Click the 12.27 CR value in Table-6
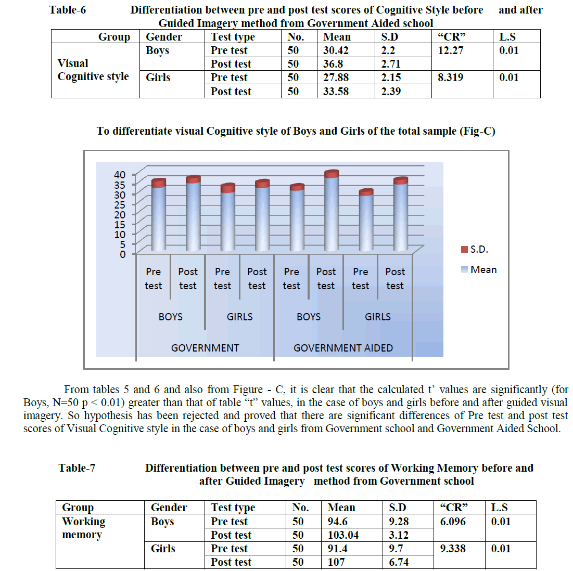pyautogui.click(x=450, y=50)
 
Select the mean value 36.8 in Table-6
pyautogui.click(x=333, y=64)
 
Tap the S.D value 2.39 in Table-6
pyautogui.click(x=391, y=92)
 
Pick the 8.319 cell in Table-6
pyautogui.click(x=450, y=77)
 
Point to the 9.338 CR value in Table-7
pyautogui.click(x=453, y=549)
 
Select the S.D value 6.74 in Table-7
pyautogui.click(x=399, y=562)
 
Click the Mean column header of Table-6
pyautogui.click(x=337, y=37)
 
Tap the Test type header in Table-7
pyautogui.click(x=233, y=508)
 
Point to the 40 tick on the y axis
pyautogui.click(x=120, y=175)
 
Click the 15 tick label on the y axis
pyautogui.click(x=120, y=224)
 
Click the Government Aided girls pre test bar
pyautogui.click(x=366, y=221)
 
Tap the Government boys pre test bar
pyautogui.click(x=158, y=216)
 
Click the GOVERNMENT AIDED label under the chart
pyautogui.click(x=343, y=348)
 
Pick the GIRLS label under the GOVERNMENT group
pyautogui.click(x=239, y=317)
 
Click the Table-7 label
pyautogui.click(x=77, y=468)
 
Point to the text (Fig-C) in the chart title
pyautogui.click(x=477, y=131)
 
